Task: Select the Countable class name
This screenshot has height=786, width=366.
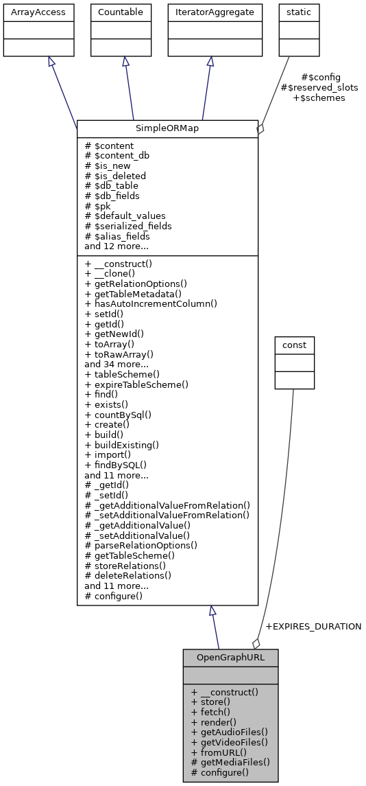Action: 122,12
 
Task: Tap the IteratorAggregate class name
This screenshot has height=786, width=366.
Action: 210,12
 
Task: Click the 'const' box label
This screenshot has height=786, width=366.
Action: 294,344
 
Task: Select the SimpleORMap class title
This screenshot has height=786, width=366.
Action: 167,128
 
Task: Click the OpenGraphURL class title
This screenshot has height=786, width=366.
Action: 230,657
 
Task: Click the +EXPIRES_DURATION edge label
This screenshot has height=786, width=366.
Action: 313,626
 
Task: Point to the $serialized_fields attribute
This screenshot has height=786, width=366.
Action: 128,226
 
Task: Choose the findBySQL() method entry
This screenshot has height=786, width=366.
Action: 116,464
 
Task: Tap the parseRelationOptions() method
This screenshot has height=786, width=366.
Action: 141,545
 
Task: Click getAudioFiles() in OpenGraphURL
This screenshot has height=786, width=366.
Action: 230,732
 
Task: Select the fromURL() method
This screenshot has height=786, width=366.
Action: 219,752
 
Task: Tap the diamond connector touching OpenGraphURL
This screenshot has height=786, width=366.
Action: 256,643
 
